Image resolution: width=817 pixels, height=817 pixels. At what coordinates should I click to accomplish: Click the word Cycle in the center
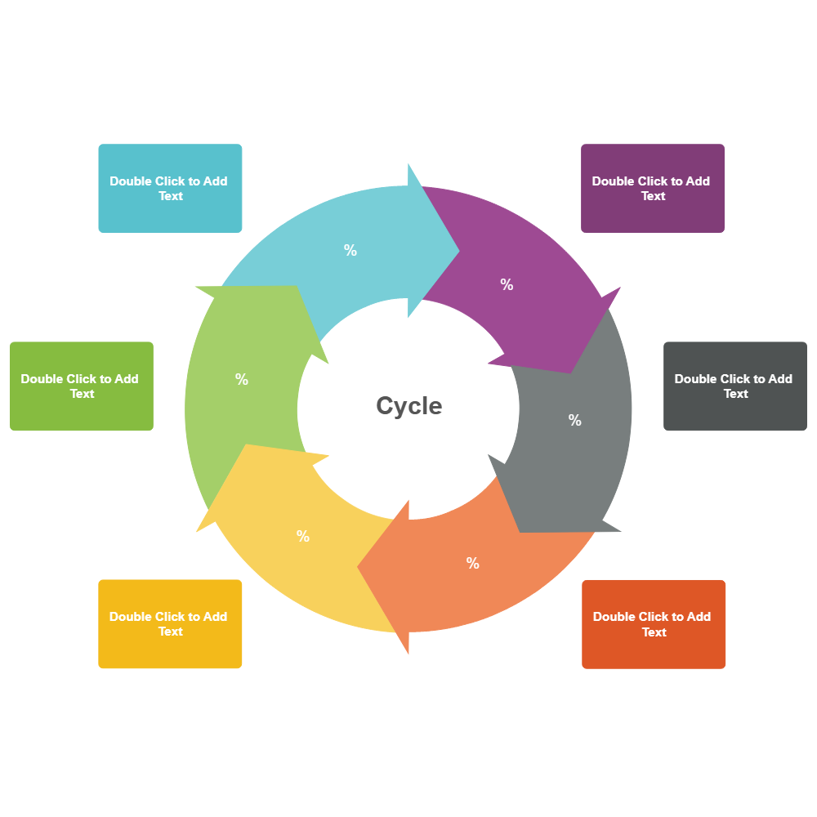(408, 405)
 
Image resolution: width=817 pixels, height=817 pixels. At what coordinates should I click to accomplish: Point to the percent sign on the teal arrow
(350, 251)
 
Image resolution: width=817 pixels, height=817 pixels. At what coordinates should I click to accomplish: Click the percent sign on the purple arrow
(507, 284)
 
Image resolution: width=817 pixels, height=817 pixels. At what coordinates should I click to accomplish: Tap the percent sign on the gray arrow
(575, 420)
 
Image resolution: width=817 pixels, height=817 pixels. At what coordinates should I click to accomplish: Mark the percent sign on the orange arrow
(473, 563)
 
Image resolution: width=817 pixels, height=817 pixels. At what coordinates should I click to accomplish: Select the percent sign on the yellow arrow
(303, 536)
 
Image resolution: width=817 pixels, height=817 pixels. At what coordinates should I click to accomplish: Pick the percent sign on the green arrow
(242, 379)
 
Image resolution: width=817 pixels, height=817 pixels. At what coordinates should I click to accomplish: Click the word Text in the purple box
(653, 196)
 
